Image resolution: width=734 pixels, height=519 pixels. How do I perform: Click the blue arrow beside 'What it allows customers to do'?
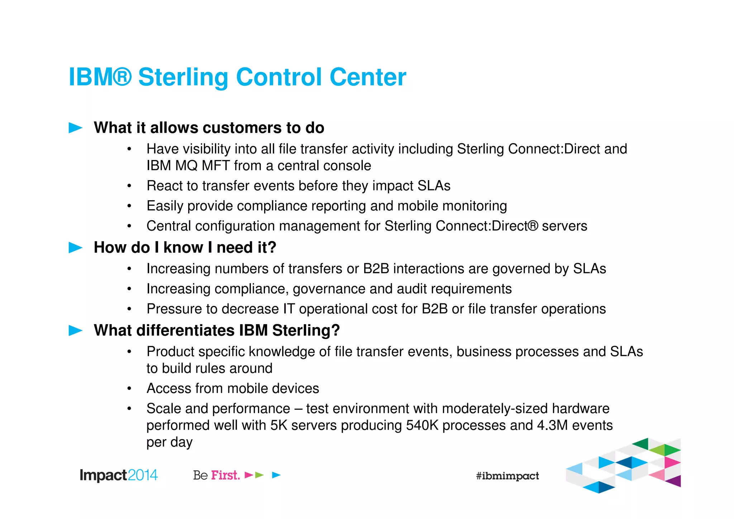click(x=75, y=128)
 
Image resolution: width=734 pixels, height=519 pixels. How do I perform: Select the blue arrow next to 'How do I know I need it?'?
click(x=75, y=247)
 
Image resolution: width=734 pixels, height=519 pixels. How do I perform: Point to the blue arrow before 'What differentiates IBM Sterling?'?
click(x=75, y=330)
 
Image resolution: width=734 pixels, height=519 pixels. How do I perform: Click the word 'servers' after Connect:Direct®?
click(x=564, y=226)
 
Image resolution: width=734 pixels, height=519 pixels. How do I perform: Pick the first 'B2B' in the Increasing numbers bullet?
click(x=376, y=269)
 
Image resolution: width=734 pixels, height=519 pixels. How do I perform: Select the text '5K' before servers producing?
click(x=278, y=425)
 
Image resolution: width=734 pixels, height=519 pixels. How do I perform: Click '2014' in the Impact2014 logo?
click(x=142, y=475)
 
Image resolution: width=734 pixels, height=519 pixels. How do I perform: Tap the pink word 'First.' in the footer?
click(x=225, y=475)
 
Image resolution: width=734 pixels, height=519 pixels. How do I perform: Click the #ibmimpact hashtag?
click(x=507, y=476)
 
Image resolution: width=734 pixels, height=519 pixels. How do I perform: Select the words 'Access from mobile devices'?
click(x=233, y=388)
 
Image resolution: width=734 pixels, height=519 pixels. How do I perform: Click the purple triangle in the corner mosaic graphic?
click(x=675, y=481)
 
